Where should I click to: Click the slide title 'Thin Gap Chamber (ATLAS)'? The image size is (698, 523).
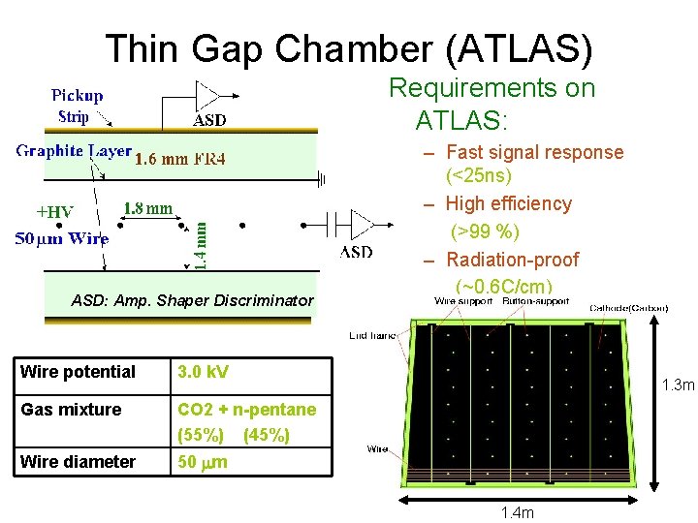pyautogui.click(x=348, y=47)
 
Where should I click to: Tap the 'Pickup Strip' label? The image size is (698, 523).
pyautogui.click(x=77, y=107)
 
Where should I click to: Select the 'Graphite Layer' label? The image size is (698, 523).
pyautogui.click(x=74, y=152)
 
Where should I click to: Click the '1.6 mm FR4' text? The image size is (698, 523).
pyautogui.click(x=179, y=159)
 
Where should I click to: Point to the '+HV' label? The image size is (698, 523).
pyautogui.click(x=52, y=212)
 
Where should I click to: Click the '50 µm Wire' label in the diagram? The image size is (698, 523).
pyautogui.click(x=61, y=238)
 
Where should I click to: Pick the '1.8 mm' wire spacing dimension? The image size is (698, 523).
pyautogui.click(x=148, y=207)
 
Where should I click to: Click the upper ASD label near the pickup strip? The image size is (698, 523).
pyautogui.click(x=210, y=121)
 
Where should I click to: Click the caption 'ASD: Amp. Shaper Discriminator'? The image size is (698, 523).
pyautogui.click(x=192, y=300)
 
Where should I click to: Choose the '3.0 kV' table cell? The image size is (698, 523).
pyautogui.click(x=203, y=372)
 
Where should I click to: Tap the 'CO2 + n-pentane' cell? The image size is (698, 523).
pyautogui.click(x=246, y=410)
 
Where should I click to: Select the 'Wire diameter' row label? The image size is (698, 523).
pyautogui.click(x=78, y=462)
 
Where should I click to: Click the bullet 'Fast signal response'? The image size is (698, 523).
pyautogui.click(x=534, y=152)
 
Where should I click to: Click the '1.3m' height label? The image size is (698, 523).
pyautogui.click(x=677, y=386)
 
